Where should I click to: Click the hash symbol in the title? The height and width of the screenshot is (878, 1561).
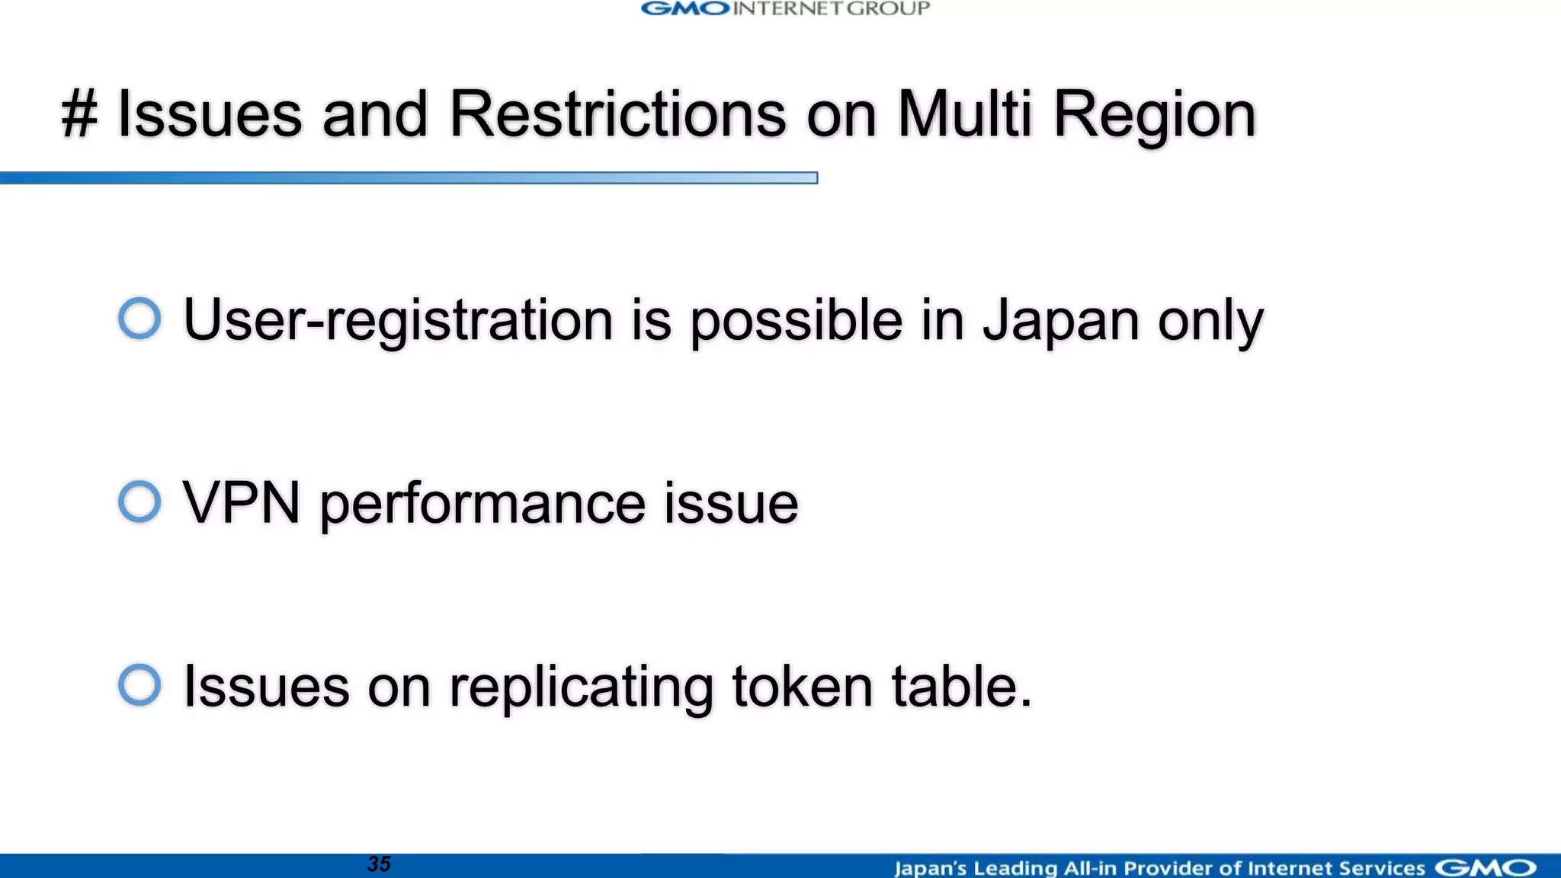[x=80, y=114]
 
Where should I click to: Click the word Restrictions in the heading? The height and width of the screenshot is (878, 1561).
[x=617, y=114]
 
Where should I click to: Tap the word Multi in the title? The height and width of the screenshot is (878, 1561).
[x=964, y=114]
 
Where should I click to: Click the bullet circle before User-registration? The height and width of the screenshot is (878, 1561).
[x=139, y=318]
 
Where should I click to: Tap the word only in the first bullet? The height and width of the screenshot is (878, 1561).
[x=1210, y=320]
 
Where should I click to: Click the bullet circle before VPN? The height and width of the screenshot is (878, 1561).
[x=139, y=501]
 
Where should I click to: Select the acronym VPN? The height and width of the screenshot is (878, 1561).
[x=242, y=503]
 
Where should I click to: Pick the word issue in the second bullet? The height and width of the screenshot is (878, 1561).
[x=730, y=503]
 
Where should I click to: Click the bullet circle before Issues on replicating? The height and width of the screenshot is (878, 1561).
[x=139, y=684]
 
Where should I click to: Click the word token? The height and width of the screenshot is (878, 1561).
[x=802, y=686]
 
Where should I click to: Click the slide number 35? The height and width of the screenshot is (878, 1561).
[x=379, y=864]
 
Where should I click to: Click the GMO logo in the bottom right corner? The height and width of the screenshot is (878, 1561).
[x=1485, y=867]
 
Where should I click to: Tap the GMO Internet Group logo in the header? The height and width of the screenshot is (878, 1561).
[x=785, y=9]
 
